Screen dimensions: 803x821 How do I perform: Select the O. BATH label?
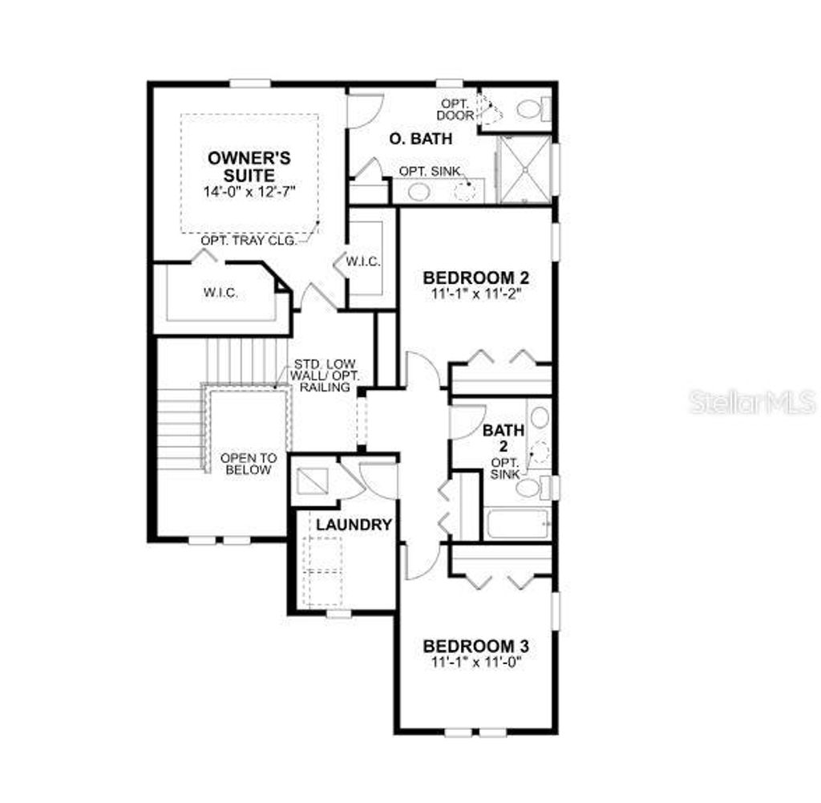(x=420, y=139)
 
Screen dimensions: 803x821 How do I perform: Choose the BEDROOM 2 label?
(x=475, y=278)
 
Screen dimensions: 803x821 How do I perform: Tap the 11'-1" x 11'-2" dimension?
(x=476, y=294)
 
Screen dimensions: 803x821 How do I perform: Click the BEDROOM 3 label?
(x=475, y=646)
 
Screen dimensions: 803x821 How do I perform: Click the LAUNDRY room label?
(x=354, y=525)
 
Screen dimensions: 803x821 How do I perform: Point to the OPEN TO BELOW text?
(x=249, y=464)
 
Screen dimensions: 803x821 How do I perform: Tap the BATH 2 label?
(x=504, y=438)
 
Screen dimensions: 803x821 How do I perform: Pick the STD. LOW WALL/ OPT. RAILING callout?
(x=322, y=375)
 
